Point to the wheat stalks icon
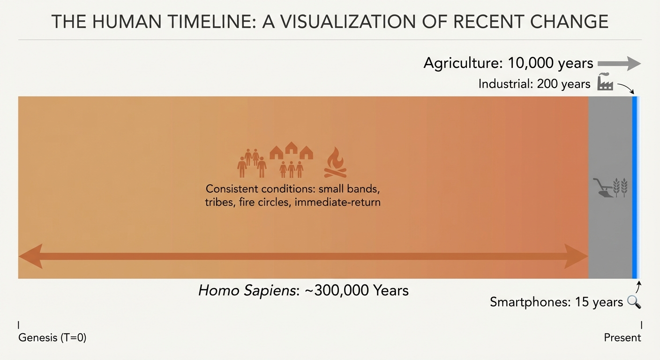pos(620,187)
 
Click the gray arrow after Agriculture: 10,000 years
pos(619,64)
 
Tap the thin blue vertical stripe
pos(635,187)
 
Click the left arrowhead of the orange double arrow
pos(30,256)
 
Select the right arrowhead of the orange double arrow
pos(576,256)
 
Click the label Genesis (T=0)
pos(52,337)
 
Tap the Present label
pos(622,337)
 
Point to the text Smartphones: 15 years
pos(556,302)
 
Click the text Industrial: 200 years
pos(534,84)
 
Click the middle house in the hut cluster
pos(291,148)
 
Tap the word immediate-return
pos(337,202)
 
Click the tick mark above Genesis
pos(19,325)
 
